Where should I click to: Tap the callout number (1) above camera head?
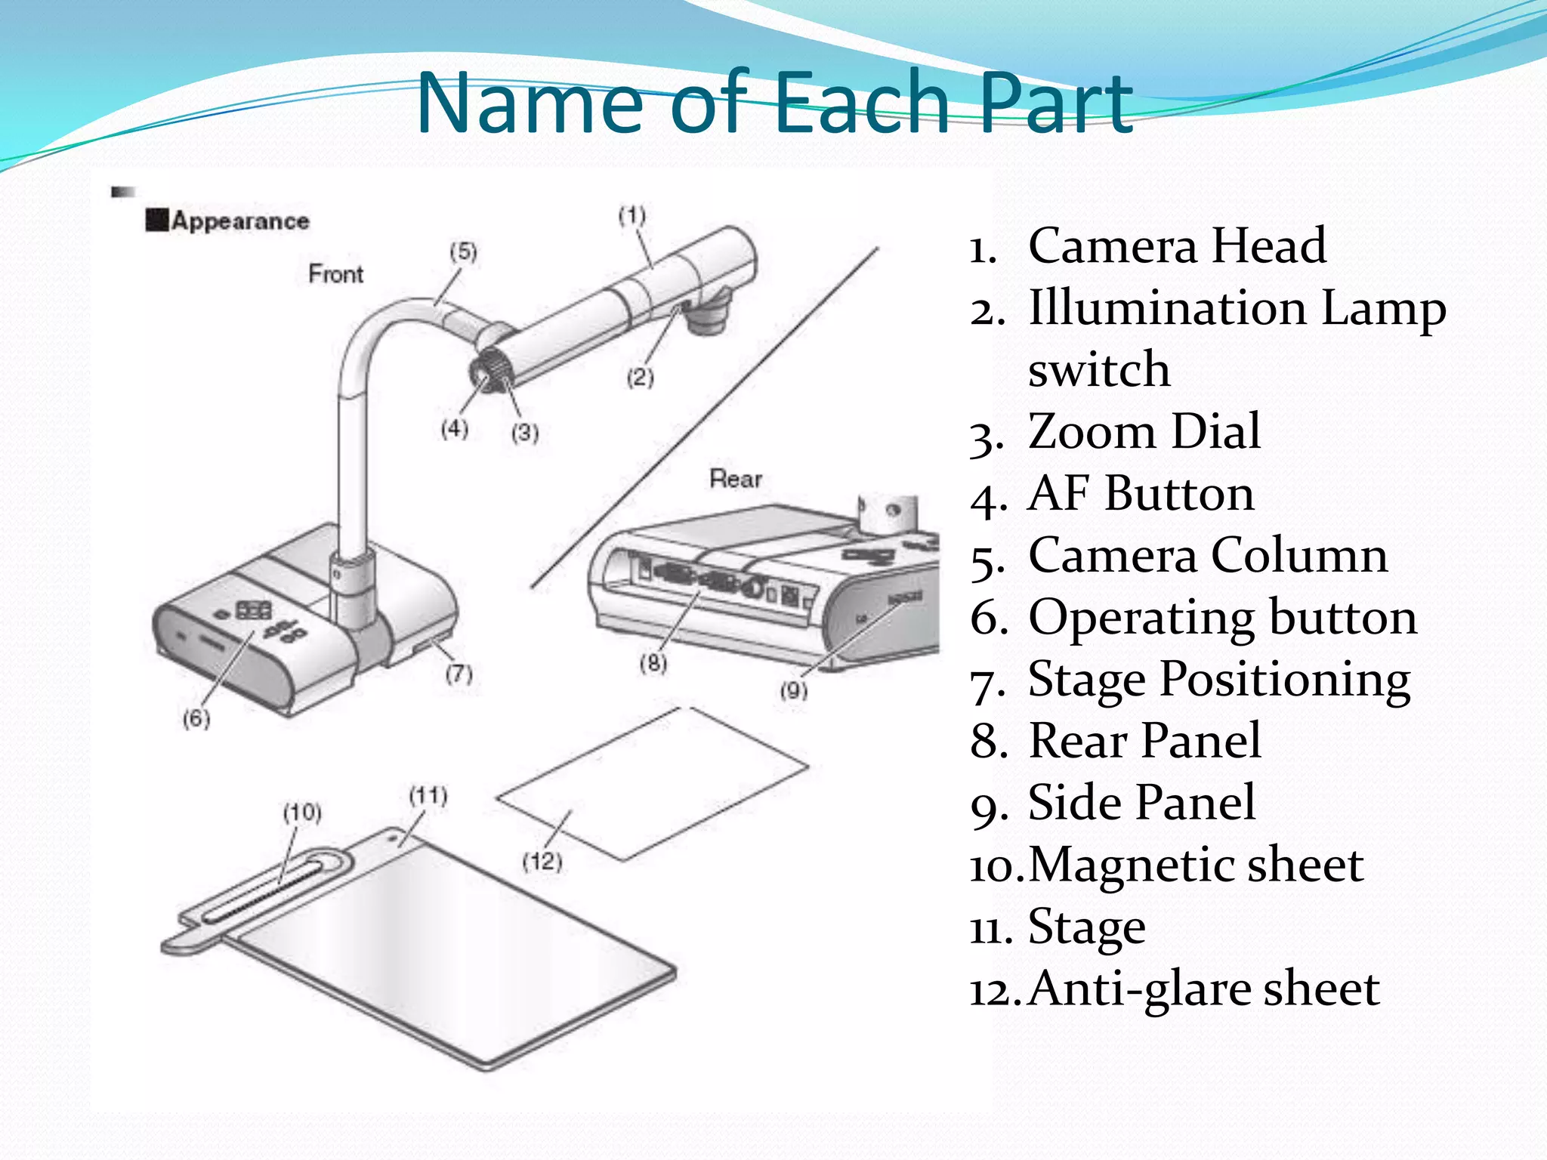[632, 216]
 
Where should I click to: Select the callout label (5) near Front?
[463, 251]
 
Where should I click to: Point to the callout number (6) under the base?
[196, 718]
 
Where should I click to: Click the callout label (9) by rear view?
[793, 690]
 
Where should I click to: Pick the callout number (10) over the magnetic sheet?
[302, 813]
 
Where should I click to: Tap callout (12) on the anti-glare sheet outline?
[542, 862]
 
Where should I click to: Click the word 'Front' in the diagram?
[335, 273]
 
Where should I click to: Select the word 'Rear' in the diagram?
[735, 479]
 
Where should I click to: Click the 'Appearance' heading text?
[240, 221]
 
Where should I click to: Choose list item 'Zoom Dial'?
[1144, 432]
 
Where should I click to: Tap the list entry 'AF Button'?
[1141, 494]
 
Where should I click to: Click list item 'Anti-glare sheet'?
[1203, 989]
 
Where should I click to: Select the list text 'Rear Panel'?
[1144, 741]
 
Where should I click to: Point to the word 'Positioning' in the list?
[1284, 679]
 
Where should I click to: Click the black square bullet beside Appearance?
[156, 221]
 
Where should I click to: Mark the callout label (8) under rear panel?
[653, 663]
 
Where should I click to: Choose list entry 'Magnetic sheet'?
[1195, 865]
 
